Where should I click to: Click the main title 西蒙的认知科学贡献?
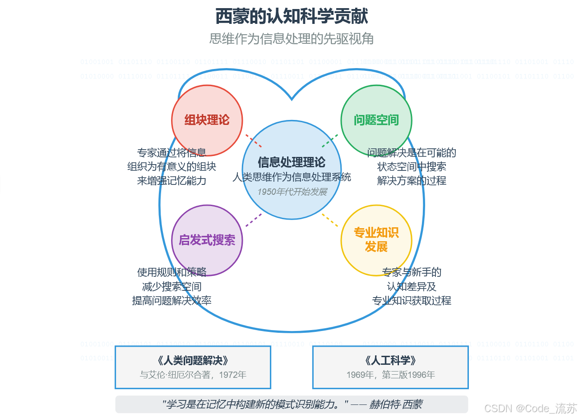tap(292, 17)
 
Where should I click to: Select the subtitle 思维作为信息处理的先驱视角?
tap(292, 39)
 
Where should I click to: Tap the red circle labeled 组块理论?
tap(207, 120)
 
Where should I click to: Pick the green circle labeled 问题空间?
tap(376, 120)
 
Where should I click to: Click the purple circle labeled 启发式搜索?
tap(207, 240)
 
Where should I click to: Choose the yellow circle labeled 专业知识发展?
tap(376, 240)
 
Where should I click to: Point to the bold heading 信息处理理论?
tap(292, 162)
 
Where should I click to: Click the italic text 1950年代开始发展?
tap(292, 192)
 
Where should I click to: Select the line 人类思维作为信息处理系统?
tap(292, 177)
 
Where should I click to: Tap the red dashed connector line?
tap(254, 141)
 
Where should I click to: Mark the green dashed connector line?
tap(330, 141)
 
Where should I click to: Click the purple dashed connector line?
tap(254, 220)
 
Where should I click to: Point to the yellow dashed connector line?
tap(330, 220)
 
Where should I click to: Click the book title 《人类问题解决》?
tap(193, 361)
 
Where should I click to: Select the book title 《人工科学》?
tap(390, 361)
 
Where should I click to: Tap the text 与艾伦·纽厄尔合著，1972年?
tap(193, 375)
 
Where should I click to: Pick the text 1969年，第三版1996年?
tap(390, 375)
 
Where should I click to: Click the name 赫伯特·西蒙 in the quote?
tap(396, 404)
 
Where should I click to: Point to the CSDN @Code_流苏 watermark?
tap(530, 409)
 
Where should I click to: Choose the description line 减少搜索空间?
tap(172, 286)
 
